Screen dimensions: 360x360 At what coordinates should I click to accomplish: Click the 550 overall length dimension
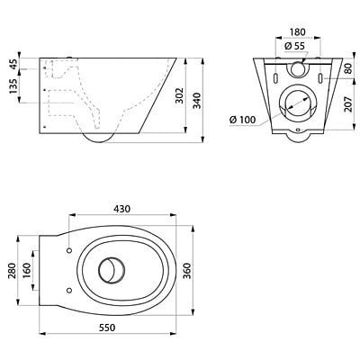107,328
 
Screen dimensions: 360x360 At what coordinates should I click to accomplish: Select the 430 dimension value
121,209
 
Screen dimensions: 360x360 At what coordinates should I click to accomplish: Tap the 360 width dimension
187,271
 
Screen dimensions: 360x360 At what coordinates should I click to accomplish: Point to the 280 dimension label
12,271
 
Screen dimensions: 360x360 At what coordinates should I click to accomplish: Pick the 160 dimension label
27,271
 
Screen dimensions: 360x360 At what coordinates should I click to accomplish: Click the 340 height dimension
197,101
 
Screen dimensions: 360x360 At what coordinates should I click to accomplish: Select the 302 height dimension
179,95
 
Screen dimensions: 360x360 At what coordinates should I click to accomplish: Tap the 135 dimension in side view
13,86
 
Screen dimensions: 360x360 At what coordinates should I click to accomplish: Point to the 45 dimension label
13,64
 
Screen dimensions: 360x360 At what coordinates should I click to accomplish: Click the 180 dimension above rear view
298,32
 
